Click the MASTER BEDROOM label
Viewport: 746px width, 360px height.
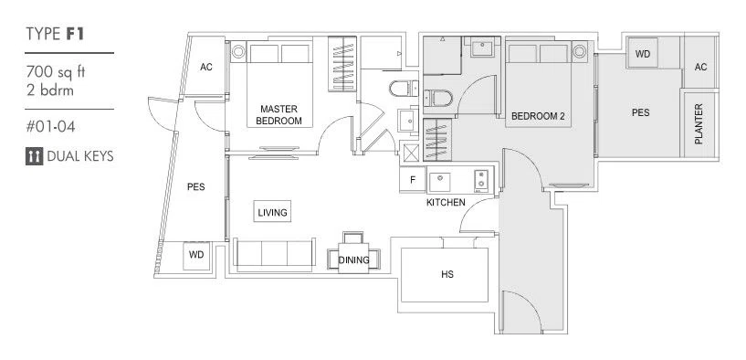(278, 115)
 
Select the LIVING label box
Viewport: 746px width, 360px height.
(272, 211)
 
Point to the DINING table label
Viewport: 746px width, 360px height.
(353, 260)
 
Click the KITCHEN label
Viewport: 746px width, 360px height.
(446, 202)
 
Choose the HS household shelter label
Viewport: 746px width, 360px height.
(447, 274)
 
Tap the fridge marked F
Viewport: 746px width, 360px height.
(413, 180)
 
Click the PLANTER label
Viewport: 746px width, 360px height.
(699, 124)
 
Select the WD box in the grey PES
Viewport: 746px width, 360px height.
(642, 54)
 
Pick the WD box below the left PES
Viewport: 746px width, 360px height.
(196, 255)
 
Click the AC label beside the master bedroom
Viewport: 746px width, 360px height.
(206, 67)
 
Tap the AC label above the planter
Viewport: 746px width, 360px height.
(700, 67)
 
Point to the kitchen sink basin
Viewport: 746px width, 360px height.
(440, 181)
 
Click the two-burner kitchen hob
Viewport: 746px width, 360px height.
(481, 180)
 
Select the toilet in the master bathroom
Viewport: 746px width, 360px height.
(403, 89)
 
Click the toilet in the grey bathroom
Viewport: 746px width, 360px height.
(437, 99)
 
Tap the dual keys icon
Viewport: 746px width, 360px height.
(34, 156)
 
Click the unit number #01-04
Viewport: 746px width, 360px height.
(50, 127)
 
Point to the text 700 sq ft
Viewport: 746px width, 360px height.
(56, 72)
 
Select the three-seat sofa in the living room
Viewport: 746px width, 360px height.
(274, 255)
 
